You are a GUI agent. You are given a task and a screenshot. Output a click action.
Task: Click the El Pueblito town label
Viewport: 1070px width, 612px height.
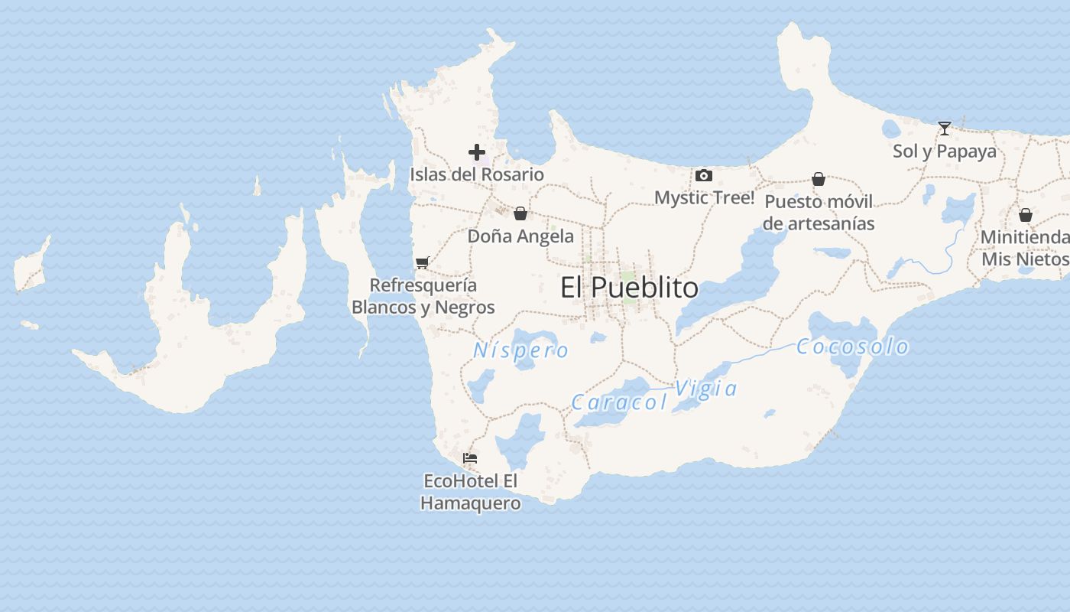629,288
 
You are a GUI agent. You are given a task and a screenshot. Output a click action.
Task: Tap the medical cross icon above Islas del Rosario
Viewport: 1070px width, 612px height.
477,152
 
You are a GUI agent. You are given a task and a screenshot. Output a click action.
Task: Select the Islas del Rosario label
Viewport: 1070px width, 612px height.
477,174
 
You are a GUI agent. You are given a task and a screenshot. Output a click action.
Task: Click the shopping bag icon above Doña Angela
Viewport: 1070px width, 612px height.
520,213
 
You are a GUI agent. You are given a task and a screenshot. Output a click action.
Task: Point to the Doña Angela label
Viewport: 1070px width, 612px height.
520,236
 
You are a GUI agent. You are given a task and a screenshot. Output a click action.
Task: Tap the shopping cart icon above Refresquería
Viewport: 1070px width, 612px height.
422,263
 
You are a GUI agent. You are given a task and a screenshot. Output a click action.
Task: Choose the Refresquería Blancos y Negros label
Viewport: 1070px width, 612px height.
423,296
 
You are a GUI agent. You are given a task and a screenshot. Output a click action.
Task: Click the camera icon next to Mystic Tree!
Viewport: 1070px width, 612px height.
704,176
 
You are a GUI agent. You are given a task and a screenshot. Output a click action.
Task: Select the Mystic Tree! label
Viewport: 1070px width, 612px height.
704,197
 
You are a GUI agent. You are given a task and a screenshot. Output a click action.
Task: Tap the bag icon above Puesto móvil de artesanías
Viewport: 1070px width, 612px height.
819,179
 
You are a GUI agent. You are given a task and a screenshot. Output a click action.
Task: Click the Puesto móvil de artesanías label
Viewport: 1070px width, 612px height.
819,213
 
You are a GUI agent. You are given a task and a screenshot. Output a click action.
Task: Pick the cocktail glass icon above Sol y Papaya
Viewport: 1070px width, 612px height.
945,129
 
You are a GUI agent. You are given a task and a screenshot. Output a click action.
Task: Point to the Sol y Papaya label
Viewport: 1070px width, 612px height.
945,151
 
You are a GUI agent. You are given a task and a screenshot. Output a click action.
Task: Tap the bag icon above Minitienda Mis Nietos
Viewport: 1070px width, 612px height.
1026,215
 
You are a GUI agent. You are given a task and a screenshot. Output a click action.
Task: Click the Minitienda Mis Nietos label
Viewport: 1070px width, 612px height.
1025,248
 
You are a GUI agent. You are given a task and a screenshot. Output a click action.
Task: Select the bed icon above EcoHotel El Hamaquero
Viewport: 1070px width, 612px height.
470,458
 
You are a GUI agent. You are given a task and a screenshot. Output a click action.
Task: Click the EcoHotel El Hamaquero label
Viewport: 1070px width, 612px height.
470,492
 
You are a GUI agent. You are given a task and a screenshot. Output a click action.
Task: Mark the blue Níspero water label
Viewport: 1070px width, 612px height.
521,350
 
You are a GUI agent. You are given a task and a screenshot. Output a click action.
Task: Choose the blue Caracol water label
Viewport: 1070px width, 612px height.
619,402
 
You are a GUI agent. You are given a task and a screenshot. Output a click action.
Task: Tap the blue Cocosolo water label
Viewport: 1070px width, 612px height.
853,347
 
